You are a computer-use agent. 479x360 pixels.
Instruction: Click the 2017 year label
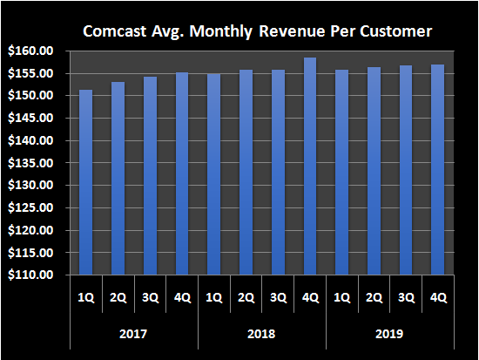pyautogui.click(x=133, y=334)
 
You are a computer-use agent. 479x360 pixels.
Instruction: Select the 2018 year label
pyautogui.click(x=262, y=334)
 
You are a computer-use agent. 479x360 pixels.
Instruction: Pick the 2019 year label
pyautogui.click(x=390, y=334)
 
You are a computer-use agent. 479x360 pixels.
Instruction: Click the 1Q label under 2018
pyautogui.click(x=214, y=297)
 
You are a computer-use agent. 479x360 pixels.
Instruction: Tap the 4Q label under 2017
pyautogui.click(x=182, y=297)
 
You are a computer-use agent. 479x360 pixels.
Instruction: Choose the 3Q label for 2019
pyautogui.click(x=407, y=297)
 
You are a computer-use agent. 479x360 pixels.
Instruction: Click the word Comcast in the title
pyautogui.click(x=112, y=31)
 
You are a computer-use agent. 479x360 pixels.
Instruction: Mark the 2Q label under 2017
pyautogui.click(x=118, y=297)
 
